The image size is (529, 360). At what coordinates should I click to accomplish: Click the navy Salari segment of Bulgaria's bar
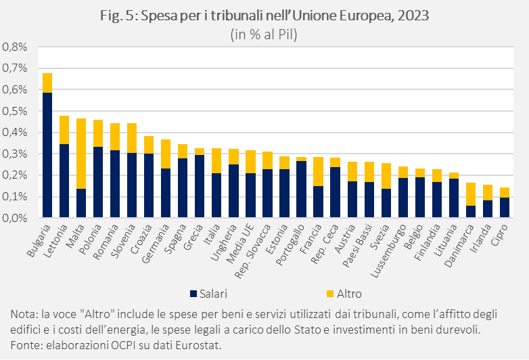[47, 156]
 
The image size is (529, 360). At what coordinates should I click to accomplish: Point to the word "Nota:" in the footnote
[25, 315]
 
